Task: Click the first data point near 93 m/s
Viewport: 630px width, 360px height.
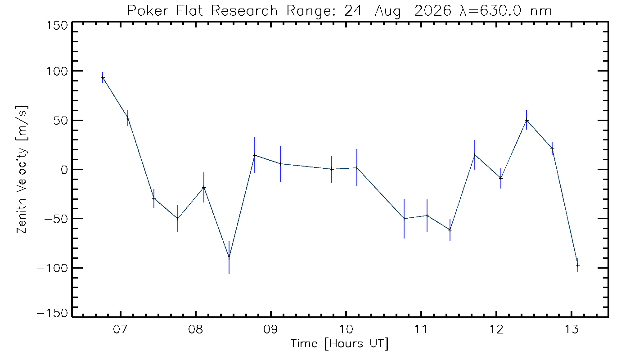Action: (x=103, y=77)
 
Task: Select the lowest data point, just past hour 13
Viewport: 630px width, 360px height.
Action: (x=578, y=265)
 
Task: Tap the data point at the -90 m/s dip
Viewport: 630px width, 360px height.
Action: (x=229, y=257)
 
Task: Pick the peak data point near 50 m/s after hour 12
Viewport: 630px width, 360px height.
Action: (x=526, y=121)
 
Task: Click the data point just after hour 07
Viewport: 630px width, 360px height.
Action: (x=128, y=118)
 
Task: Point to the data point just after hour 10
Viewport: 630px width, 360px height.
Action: (x=357, y=168)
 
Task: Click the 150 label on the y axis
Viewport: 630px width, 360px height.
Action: (x=57, y=26)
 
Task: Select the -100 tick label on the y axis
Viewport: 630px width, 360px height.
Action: (x=53, y=268)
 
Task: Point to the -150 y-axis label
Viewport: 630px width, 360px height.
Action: (x=53, y=313)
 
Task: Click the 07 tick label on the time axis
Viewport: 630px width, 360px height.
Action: (x=121, y=329)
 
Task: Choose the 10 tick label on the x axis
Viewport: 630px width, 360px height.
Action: (x=346, y=329)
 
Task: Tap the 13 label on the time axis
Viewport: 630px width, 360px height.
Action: (x=571, y=329)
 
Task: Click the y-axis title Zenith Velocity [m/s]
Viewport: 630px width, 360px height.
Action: (x=22, y=170)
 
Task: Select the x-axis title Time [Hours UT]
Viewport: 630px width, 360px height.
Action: (x=339, y=344)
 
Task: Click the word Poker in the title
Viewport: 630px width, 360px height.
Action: (x=148, y=11)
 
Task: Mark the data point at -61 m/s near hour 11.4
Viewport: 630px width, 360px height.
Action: (x=450, y=230)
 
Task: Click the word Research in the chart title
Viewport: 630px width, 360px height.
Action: (x=244, y=11)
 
